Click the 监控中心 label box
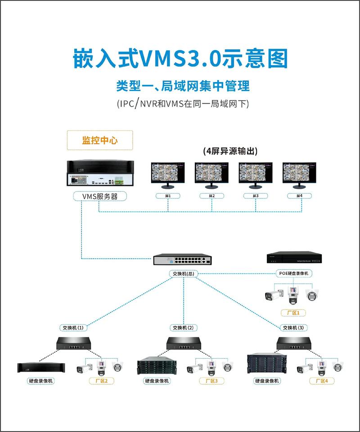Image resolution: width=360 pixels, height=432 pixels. pyautogui.click(x=99, y=140)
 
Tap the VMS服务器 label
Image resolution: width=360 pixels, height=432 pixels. pyautogui.click(x=100, y=196)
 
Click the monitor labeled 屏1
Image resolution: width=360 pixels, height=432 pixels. pyautogui.click(x=168, y=175)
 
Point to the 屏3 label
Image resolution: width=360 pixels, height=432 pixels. pyautogui.click(x=256, y=196)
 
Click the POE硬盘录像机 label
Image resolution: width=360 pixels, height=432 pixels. pyautogui.click(x=294, y=273)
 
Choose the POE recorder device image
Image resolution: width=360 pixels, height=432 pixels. pyautogui.click(x=294, y=257)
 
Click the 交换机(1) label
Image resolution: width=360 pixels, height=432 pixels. pyautogui.click(x=73, y=327)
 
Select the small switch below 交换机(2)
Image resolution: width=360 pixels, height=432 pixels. pyautogui.click(x=184, y=344)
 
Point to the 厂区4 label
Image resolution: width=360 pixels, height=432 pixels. pyautogui.click(x=321, y=381)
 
